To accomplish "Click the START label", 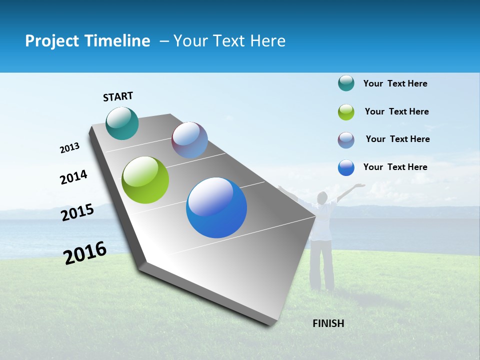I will click(118, 96).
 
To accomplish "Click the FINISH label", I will click(328, 323).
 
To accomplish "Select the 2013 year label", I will click(70, 148).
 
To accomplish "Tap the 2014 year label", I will click(73, 177).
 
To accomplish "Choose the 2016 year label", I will click(85, 253).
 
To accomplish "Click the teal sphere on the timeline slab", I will click(122, 123).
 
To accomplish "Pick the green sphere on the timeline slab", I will click(145, 180).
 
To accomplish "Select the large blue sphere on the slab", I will click(216, 207).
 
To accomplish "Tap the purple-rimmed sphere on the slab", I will click(189, 140).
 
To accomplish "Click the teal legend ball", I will click(346, 83).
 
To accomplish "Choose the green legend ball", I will click(346, 112).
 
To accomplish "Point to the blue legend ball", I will click(346, 167).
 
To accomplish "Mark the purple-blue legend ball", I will click(346, 140).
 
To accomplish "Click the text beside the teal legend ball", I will click(395, 83).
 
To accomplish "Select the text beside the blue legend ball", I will click(395, 167).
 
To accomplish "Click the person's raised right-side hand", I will click(359, 186).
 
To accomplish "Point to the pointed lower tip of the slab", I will click(270, 324).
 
